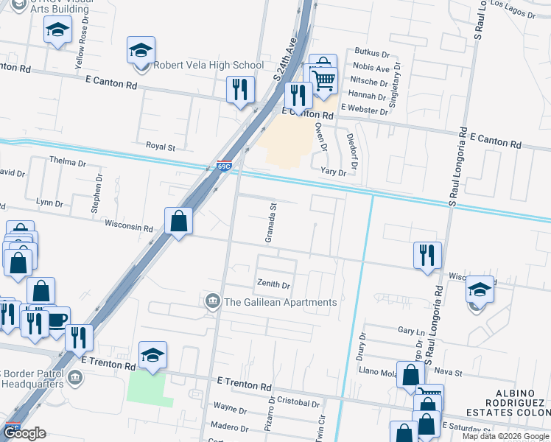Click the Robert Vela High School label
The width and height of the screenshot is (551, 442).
208,66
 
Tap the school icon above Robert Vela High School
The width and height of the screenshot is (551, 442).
139,51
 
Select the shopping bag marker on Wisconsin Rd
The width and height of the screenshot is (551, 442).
179,220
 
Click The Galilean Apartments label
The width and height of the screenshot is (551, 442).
280,302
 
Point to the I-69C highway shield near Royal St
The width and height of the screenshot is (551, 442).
225,166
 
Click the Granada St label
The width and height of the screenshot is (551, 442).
271,223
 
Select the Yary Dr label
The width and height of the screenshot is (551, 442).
333,172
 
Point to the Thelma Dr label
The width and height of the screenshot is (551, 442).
67,161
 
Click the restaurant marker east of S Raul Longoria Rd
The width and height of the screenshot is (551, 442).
427,256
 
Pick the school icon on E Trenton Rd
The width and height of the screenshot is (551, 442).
152,355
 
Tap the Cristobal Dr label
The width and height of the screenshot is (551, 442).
300,404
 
